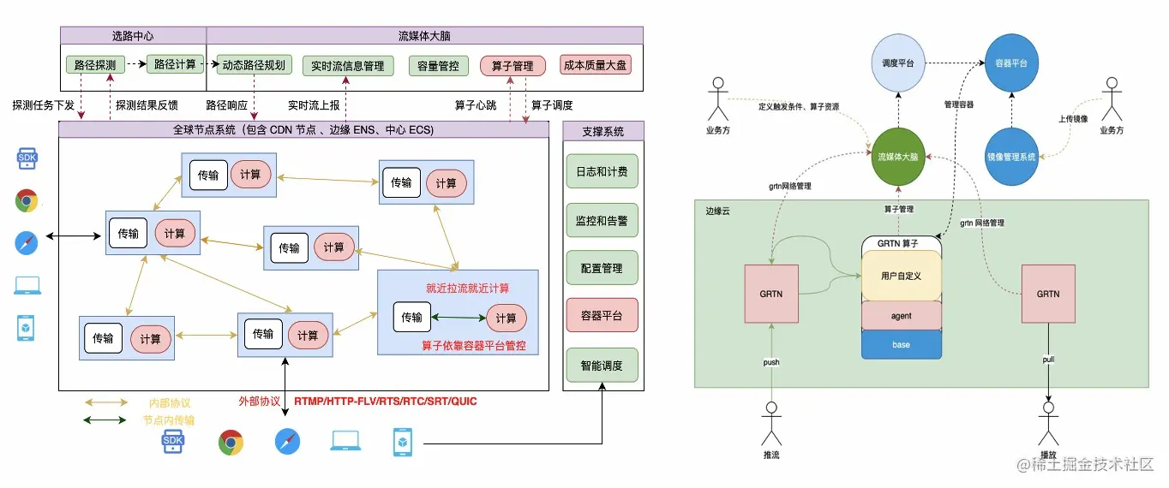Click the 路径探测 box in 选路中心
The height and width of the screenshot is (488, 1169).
pyautogui.click(x=96, y=64)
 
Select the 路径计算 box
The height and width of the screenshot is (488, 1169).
pyautogui.click(x=175, y=64)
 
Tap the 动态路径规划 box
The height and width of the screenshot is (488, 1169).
pyautogui.click(x=255, y=65)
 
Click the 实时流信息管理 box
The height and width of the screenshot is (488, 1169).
pyautogui.click(x=347, y=65)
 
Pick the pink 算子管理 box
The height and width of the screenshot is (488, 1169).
pyautogui.click(x=513, y=65)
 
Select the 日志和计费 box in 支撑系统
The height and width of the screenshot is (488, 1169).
pyautogui.click(x=602, y=171)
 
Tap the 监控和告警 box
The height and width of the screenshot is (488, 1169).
pyautogui.click(x=602, y=220)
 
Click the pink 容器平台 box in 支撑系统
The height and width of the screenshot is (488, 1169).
pyautogui.click(x=602, y=315)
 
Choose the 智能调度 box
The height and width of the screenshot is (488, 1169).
pyautogui.click(x=602, y=366)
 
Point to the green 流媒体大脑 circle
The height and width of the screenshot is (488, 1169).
pyautogui.click(x=897, y=157)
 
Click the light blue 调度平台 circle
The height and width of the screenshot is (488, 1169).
pyautogui.click(x=898, y=63)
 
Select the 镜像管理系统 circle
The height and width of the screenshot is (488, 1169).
pyautogui.click(x=1011, y=157)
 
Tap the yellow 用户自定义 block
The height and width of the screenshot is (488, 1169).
pyautogui.click(x=901, y=276)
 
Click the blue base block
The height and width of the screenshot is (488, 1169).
pyautogui.click(x=901, y=344)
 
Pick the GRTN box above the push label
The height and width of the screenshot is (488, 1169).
pyautogui.click(x=771, y=294)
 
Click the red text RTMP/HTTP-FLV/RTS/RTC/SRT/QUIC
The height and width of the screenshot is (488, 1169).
pyautogui.click(x=386, y=401)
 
